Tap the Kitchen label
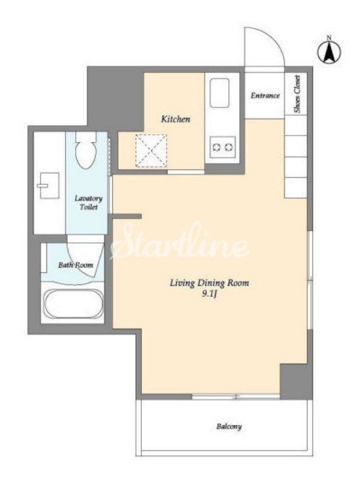[x=175, y=119]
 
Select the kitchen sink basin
[x=219, y=92]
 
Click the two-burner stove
[x=222, y=147]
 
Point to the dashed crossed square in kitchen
[x=151, y=151]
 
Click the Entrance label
[x=265, y=96]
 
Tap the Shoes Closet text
[x=297, y=93]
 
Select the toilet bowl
[x=86, y=150]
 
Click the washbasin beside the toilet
[x=49, y=186]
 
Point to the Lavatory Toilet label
[x=89, y=203]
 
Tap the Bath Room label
[x=75, y=264]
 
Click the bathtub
[x=73, y=304]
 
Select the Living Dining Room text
[x=210, y=283]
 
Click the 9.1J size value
[x=210, y=295]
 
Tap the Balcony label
[x=229, y=426]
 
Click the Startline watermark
[x=179, y=242]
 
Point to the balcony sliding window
[x=236, y=397]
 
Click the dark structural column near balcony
[x=296, y=382]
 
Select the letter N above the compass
[x=329, y=38]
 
